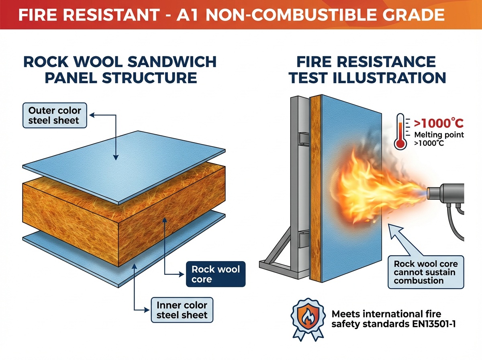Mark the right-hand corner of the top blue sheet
pos(225,150)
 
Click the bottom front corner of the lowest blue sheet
pos(118,287)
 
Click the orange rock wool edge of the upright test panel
pos(316,188)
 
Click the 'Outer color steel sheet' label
pos(55,115)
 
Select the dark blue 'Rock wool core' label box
pos(216,274)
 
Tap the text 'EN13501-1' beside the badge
pos(434,324)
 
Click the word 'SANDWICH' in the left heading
pos(172,62)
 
